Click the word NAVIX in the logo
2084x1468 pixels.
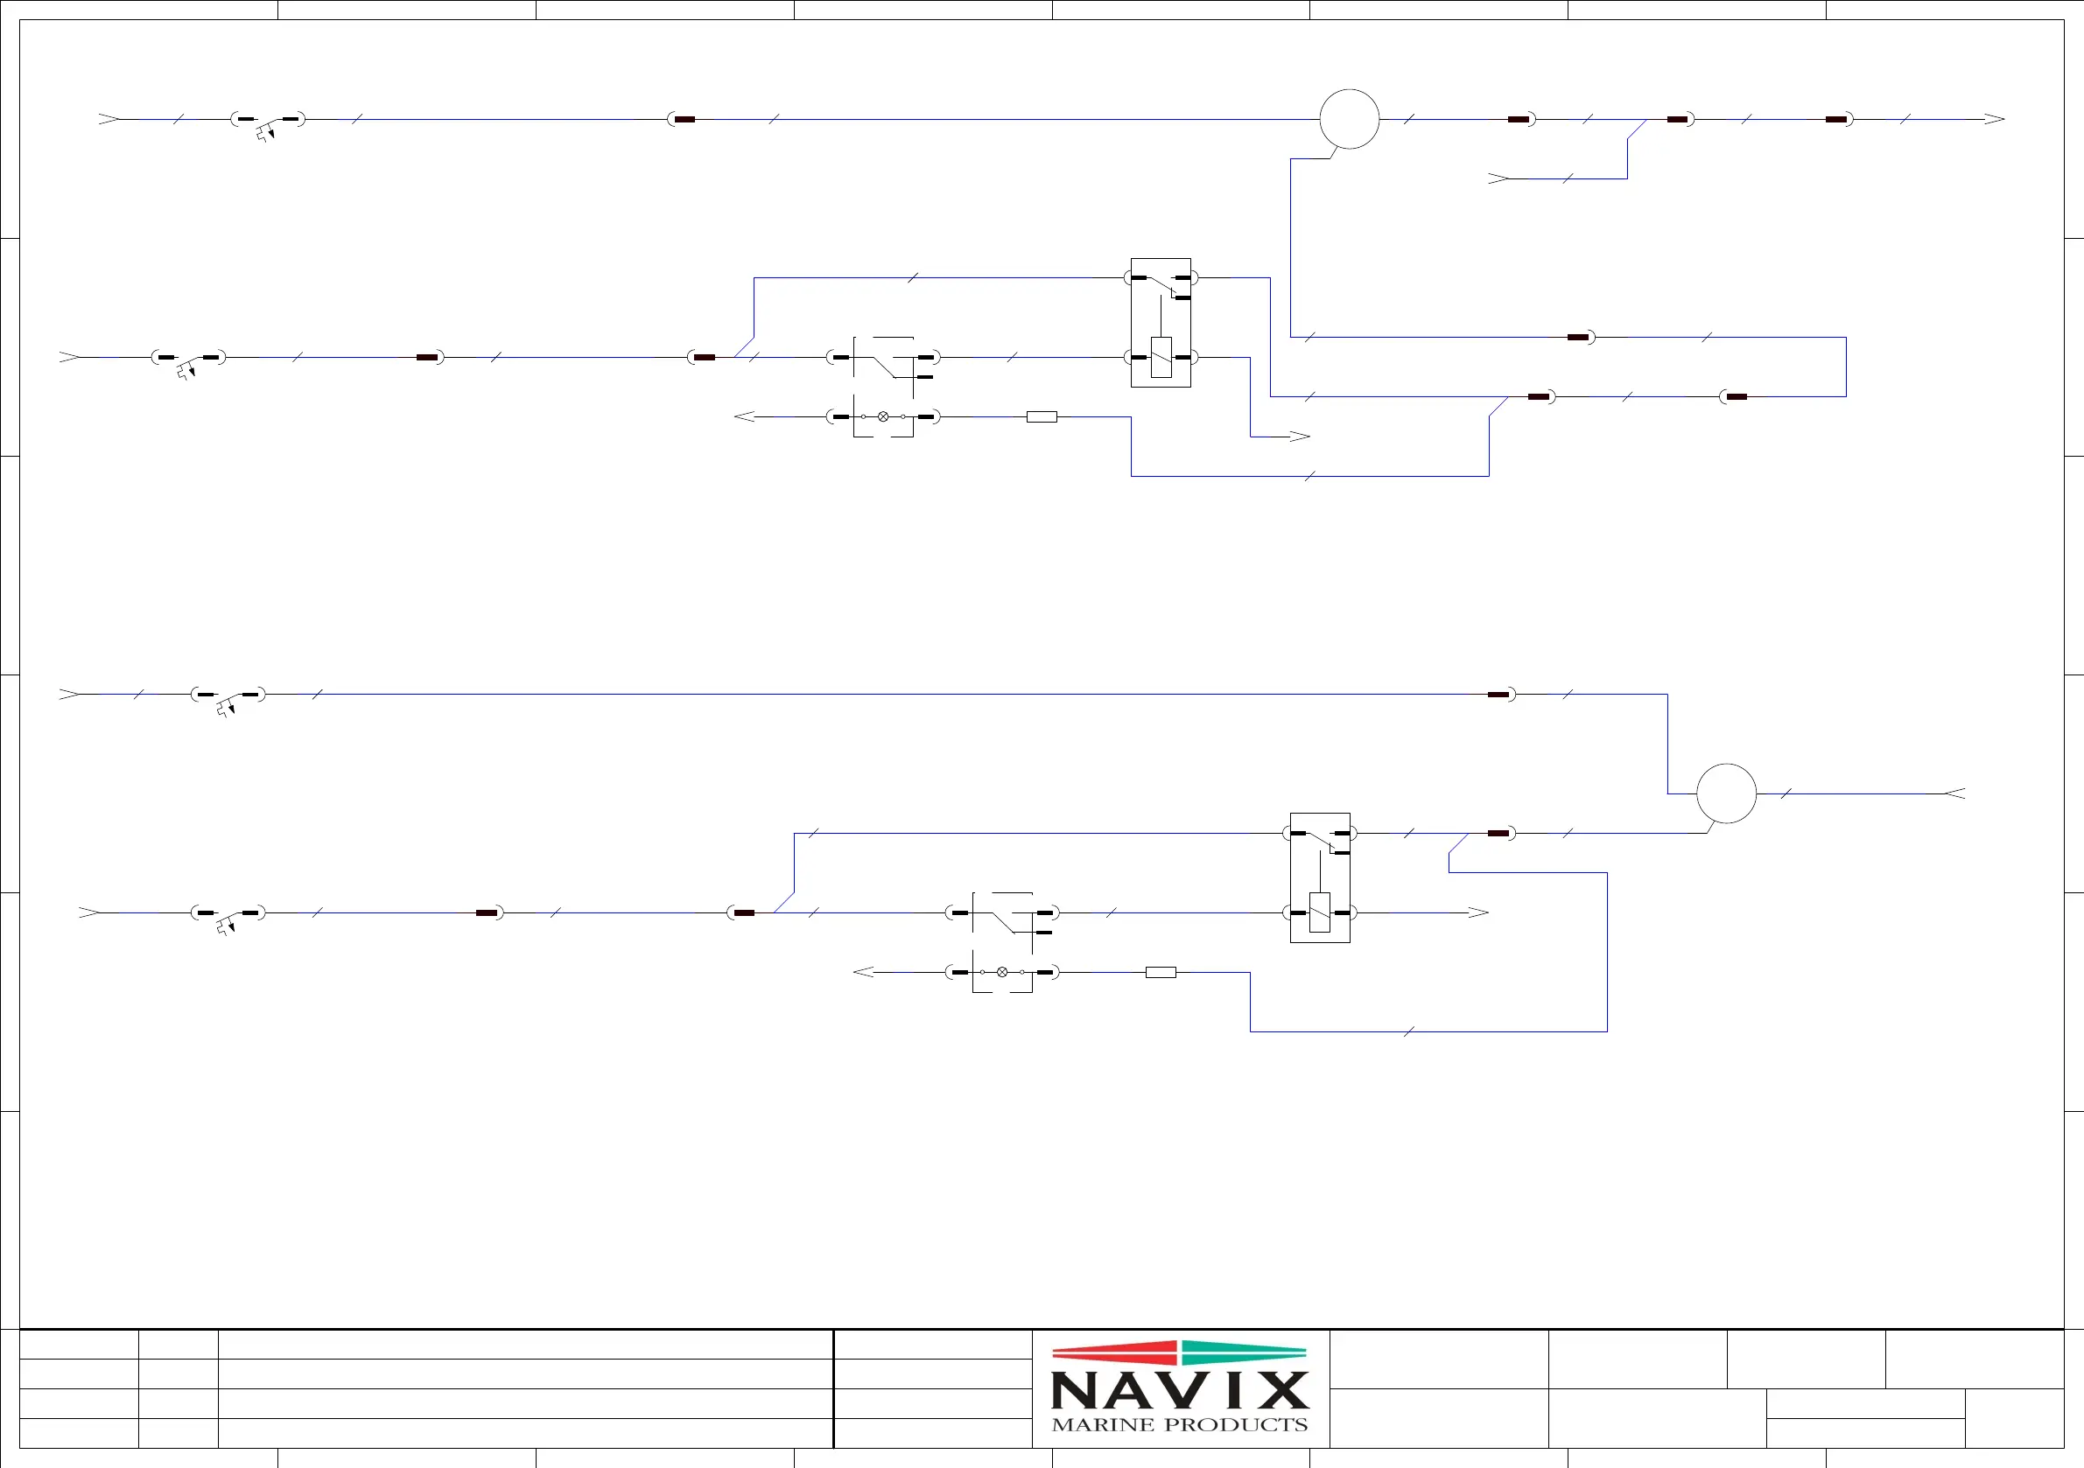pyautogui.click(x=1179, y=1390)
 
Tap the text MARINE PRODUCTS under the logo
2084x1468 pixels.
pyautogui.click(x=1179, y=1425)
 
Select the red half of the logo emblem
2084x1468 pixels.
pyautogui.click(x=1114, y=1353)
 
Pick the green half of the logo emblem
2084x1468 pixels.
pyautogui.click(x=1244, y=1353)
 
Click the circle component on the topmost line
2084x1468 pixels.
pyautogui.click(x=1349, y=119)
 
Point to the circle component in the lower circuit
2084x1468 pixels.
pyautogui.click(x=1725, y=793)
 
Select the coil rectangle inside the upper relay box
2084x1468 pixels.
pyautogui.click(x=1161, y=357)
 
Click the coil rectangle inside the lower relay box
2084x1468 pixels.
pyautogui.click(x=1320, y=912)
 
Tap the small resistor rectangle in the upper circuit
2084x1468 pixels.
pyautogui.click(x=1041, y=417)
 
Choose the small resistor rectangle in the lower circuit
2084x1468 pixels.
pyautogui.click(x=1160, y=973)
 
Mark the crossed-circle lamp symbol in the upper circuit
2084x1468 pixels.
pyautogui.click(x=883, y=416)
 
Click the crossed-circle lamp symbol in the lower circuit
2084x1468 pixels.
pyautogui.click(x=1002, y=972)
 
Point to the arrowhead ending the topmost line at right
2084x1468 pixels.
pyautogui.click(x=1994, y=119)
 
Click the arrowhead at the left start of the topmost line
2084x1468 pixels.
pyautogui.click(x=109, y=119)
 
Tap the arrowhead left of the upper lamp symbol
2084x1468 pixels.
pyautogui.click(x=744, y=416)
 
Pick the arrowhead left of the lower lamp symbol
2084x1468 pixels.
pyautogui.click(x=863, y=972)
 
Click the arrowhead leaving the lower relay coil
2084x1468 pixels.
pyautogui.click(x=1478, y=912)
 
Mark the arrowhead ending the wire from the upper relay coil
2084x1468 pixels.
pyautogui.click(x=1300, y=437)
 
